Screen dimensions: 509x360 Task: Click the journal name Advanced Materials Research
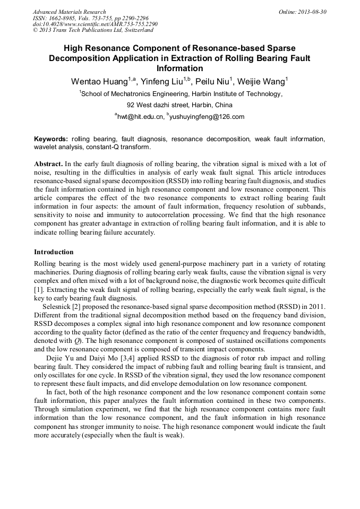coord(69,12)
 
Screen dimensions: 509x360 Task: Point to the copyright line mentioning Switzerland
coord(93,30)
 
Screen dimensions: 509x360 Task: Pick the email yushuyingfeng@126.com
coord(207,117)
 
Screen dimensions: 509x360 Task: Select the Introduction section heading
coord(54,252)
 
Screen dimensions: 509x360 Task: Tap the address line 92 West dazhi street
coord(179,105)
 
